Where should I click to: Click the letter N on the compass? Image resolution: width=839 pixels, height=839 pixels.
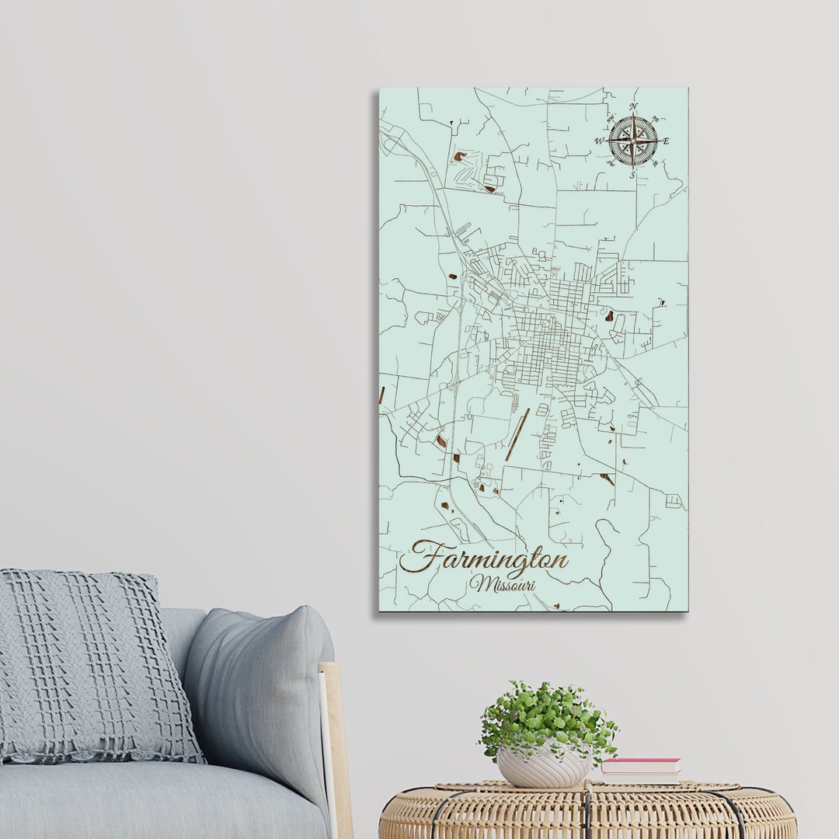click(x=633, y=106)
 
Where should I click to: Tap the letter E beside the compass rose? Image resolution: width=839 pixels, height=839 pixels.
click(x=666, y=141)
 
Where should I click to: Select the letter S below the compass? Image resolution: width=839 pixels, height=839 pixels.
click(x=632, y=176)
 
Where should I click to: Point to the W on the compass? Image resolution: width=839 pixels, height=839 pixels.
click(x=599, y=141)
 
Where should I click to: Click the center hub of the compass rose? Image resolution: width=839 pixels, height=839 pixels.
click(x=633, y=141)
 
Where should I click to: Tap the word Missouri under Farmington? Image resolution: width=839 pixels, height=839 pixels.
click(x=503, y=584)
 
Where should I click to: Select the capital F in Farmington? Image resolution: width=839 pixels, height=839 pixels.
click(x=419, y=556)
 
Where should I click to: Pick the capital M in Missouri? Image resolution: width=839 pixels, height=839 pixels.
click(x=476, y=583)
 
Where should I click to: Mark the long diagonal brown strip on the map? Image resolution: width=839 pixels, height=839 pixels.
click(x=517, y=434)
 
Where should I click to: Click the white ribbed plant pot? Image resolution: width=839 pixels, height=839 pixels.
click(x=543, y=768)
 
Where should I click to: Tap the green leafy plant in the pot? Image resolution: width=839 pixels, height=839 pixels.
click(x=548, y=719)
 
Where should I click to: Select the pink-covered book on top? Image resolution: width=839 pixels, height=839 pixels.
click(x=642, y=765)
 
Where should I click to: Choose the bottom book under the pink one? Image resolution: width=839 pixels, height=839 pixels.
click(x=640, y=777)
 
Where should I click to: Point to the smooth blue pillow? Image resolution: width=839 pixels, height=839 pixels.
click(x=260, y=684)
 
